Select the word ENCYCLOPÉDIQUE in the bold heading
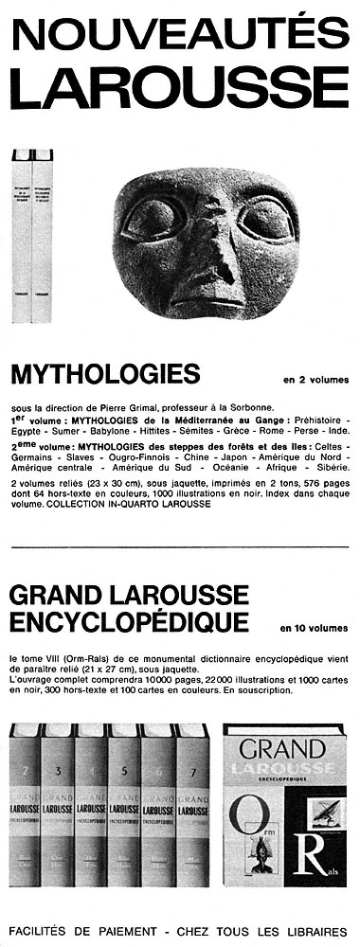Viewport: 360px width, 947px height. pyautogui.click(x=129, y=620)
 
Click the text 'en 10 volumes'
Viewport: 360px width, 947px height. pyautogui.click(x=314, y=627)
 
